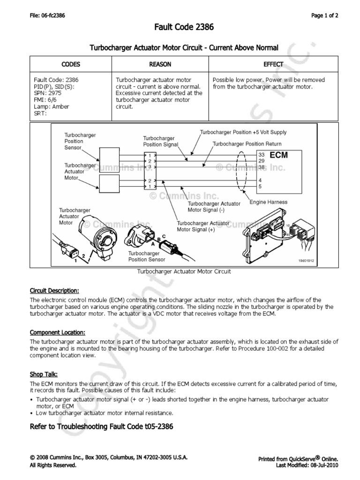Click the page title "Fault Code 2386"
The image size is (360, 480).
[184, 28]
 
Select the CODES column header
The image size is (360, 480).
[71, 64]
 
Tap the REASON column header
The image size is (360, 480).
[160, 64]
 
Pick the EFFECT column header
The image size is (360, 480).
[273, 64]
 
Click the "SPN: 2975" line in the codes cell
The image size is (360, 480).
[48, 93]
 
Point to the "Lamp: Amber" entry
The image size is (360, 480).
[52, 106]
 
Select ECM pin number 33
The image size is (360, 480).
[262, 154]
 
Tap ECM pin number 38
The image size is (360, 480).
[262, 166]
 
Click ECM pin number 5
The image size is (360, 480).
[260, 186]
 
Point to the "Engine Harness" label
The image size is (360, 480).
[269, 202]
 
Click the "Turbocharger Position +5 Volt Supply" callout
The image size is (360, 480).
[243, 132]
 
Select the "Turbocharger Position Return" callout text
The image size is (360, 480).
[247, 144]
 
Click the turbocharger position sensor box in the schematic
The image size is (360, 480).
[109, 157]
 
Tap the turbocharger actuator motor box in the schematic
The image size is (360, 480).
[109, 183]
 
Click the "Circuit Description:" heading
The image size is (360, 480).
[54, 290]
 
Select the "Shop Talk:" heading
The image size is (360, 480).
[44, 375]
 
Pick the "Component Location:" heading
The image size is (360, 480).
[57, 332]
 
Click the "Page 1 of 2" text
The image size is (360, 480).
[325, 15]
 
